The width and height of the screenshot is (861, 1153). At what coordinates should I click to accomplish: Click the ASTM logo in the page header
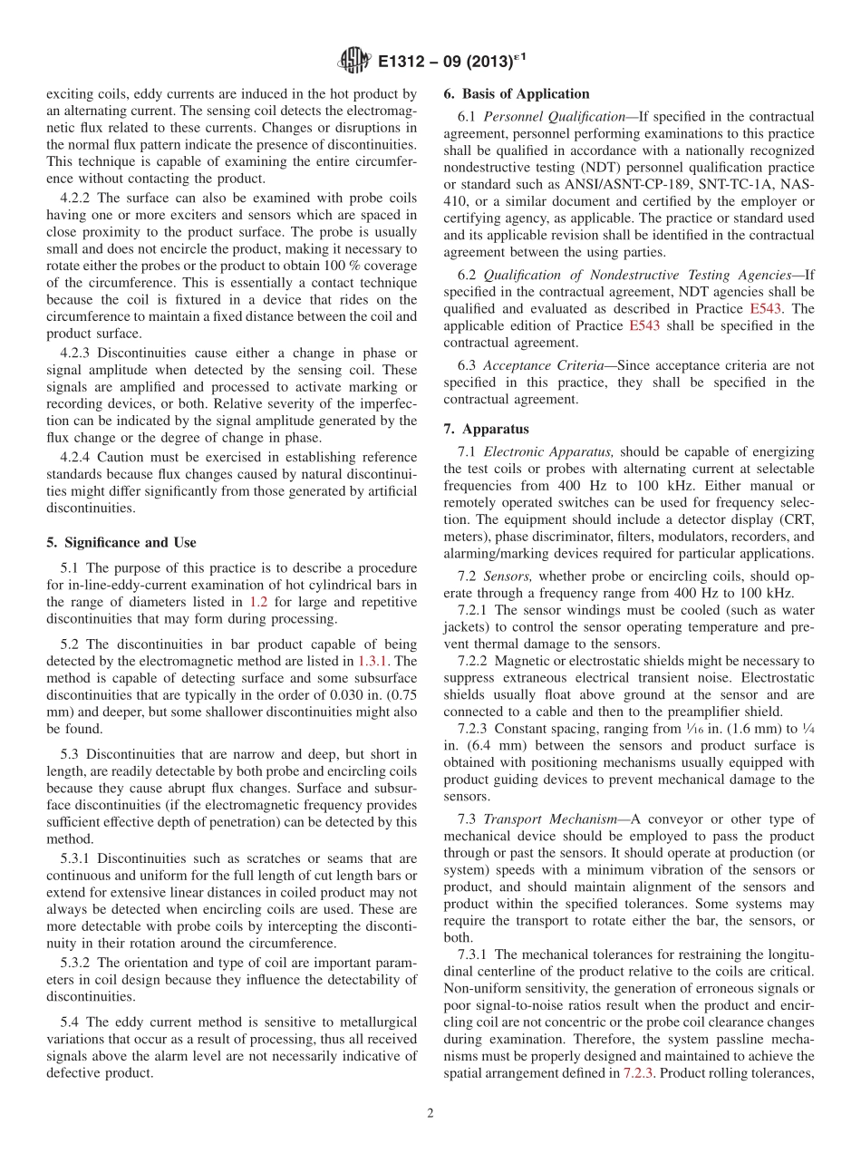[353, 62]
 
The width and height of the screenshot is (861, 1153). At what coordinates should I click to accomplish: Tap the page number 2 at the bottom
[430, 1113]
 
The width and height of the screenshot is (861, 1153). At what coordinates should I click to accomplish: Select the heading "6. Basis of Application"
[516, 93]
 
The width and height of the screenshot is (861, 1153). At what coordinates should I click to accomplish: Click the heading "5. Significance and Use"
[121, 542]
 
